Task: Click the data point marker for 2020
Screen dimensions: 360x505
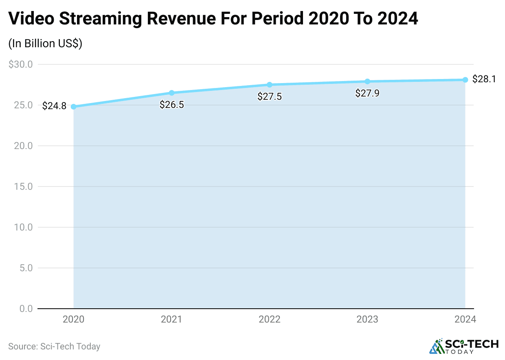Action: click(74, 107)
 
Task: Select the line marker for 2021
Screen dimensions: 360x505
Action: click(171, 93)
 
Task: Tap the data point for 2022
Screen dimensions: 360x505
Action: click(270, 85)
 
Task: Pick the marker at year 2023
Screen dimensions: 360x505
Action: click(367, 81)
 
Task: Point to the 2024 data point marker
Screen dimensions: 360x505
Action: click(465, 80)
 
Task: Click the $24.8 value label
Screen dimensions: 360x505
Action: click(54, 106)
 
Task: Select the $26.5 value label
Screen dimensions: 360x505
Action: click(171, 105)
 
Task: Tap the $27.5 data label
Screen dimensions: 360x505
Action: click(270, 97)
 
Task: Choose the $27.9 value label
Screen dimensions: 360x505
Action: click(367, 94)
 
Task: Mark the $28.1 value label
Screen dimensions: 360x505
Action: click(484, 79)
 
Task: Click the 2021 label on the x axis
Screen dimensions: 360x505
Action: click(171, 319)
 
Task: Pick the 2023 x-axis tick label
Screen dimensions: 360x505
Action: click(367, 319)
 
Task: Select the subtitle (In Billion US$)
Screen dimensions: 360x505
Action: click(45, 44)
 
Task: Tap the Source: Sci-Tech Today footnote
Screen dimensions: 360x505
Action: click(54, 347)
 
